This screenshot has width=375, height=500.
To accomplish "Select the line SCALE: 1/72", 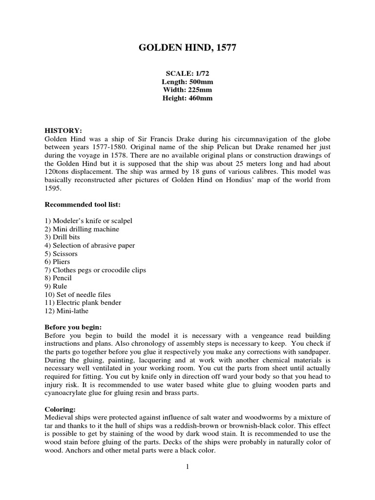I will [x=187, y=73].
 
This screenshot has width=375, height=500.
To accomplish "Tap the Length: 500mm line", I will [x=187, y=82].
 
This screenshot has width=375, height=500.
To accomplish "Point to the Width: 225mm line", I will [x=187, y=90].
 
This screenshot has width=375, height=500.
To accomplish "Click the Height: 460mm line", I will [x=187, y=98].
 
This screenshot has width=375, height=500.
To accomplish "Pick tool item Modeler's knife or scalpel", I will [x=88, y=221].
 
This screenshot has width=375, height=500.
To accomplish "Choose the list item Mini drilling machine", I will [x=82, y=229].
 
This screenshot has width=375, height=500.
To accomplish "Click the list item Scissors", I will [x=61, y=254].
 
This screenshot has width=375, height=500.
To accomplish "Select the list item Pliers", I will [x=58, y=262].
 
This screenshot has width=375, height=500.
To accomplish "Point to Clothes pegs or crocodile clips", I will [x=95, y=270].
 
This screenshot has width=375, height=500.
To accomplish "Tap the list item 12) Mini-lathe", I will [x=67, y=311].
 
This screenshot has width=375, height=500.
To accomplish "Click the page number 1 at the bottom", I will [x=187, y=467].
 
